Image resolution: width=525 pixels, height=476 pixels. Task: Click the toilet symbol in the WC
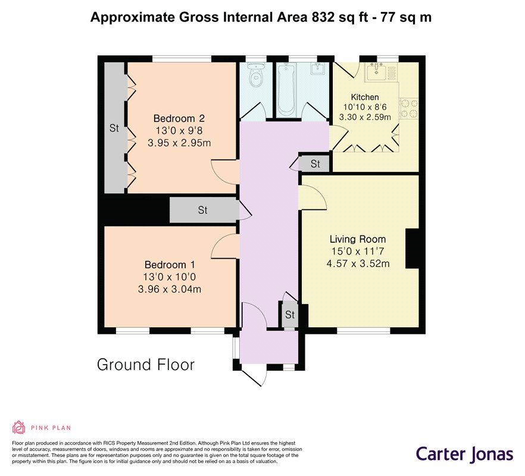(x=257, y=75)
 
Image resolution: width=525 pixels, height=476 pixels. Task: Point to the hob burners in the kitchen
(x=409, y=108)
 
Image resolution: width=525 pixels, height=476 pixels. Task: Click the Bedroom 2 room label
(x=179, y=118)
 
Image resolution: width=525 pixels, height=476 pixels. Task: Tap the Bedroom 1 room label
(x=170, y=265)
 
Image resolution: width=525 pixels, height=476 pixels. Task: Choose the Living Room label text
(x=358, y=239)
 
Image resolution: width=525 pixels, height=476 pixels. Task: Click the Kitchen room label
(x=365, y=98)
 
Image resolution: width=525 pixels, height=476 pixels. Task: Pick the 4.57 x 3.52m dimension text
(x=358, y=264)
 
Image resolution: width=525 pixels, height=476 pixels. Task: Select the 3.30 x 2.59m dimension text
(x=365, y=117)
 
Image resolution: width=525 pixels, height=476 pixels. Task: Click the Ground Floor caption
(x=146, y=365)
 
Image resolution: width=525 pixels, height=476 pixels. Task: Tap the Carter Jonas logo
(x=464, y=454)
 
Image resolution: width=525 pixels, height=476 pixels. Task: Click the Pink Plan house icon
(x=19, y=427)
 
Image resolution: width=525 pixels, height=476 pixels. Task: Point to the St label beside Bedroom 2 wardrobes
(x=114, y=128)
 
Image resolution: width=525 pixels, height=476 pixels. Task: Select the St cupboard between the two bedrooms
(x=204, y=210)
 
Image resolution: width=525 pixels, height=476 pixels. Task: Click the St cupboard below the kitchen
(x=315, y=164)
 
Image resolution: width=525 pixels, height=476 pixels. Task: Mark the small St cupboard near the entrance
(x=290, y=315)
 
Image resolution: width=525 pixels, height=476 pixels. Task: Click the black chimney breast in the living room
(x=412, y=249)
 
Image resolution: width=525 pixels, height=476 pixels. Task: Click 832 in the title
(x=323, y=17)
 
